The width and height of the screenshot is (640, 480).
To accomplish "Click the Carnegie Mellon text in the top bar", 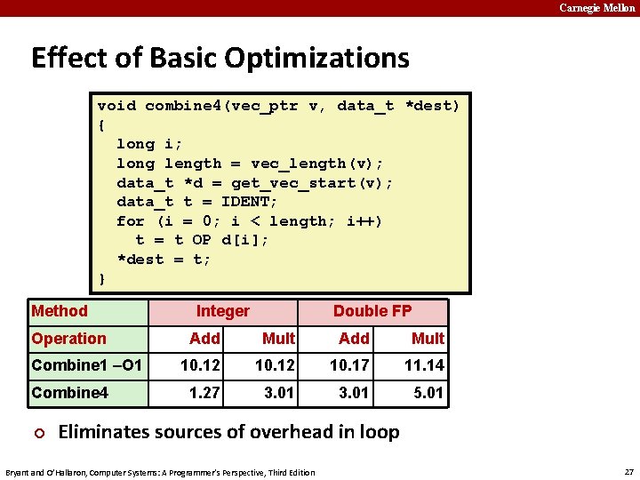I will (x=596, y=8).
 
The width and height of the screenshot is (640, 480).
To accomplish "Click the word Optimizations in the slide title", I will (x=316, y=59).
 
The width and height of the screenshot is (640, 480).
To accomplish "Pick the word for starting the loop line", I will (x=131, y=221).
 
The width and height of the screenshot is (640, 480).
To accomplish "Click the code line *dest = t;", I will (x=164, y=260).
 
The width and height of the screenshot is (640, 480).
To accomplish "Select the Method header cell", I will (x=60, y=311).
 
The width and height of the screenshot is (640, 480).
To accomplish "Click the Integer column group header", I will (x=223, y=311).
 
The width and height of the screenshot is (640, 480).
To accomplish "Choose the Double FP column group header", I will (x=372, y=311).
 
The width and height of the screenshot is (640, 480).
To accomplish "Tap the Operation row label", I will (x=68, y=339).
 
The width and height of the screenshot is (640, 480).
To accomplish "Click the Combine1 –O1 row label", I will (x=86, y=365).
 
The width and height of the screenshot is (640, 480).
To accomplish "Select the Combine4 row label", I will (x=69, y=393).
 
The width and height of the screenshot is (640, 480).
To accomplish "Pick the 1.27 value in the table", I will (x=205, y=393).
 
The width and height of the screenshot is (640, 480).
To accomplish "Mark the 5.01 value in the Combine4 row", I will (x=428, y=393).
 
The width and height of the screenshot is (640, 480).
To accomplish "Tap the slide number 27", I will (x=629, y=472).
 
